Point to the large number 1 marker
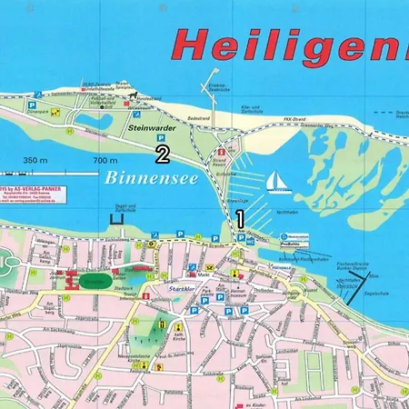click(241, 218)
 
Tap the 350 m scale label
click(35, 160)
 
